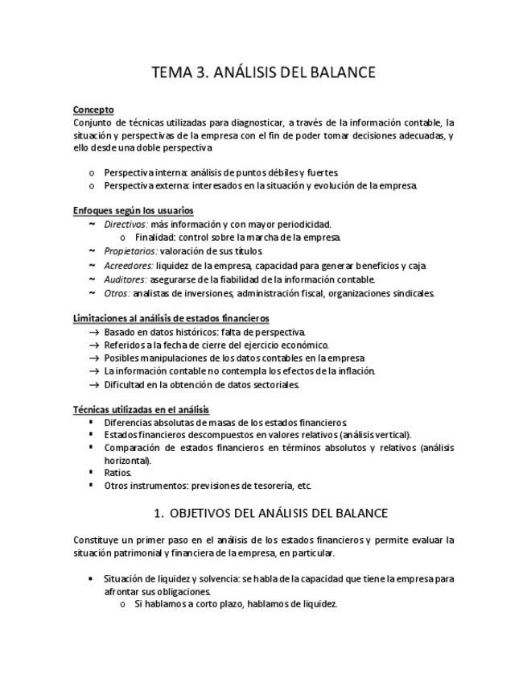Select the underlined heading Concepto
[x=93, y=110]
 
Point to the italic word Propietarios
[x=130, y=251]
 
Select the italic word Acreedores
[x=128, y=265]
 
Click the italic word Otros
[x=116, y=292]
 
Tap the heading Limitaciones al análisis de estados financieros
[x=171, y=319]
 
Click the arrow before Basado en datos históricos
[x=94, y=332]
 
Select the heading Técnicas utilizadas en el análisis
[x=140, y=410]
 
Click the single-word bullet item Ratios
[x=117, y=473]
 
